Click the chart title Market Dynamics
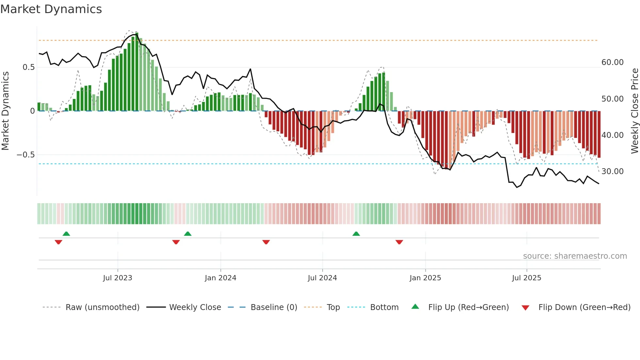pyautogui.click(x=51, y=9)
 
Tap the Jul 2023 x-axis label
pyautogui.click(x=118, y=278)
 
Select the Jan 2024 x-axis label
pyautogui.click(x=220, y=278)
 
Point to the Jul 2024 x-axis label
pyautogui.click(x=322, y=278)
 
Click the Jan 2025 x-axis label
pyautogui.click(x=425, y=278)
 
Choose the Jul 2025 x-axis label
pyautogui.click(x=526, y=278)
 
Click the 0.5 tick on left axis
pyautogui.click(x=28, y=67)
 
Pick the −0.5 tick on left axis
pyautogui.click(x=26, y=155)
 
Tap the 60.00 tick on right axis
pyautogui.click(x=612, y=62)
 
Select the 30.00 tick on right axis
pyautogui.click(x=612, y=172)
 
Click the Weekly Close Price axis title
pyautogui.click(x=634, y=111)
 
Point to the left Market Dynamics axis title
pyautogui.click(x=5, y=111)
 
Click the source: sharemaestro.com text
pyautogui.click(x=575, y=256)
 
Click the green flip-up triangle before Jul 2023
pyautogui.click(x=66, y=234)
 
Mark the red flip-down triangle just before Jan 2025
pyautogui.click(x=399, y=242)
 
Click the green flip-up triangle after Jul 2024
pyautogui.click(x=356, y=234)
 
